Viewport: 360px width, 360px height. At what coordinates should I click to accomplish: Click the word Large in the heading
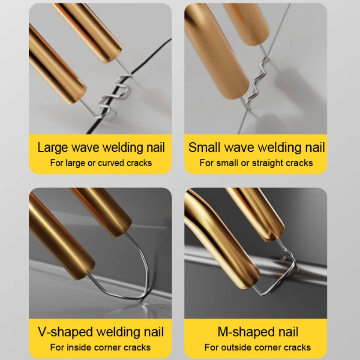(x=53, y=147)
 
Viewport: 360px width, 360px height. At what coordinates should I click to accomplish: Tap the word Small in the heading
(x=204, y=147)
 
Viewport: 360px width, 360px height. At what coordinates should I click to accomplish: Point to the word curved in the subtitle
(x=111, y=163)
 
